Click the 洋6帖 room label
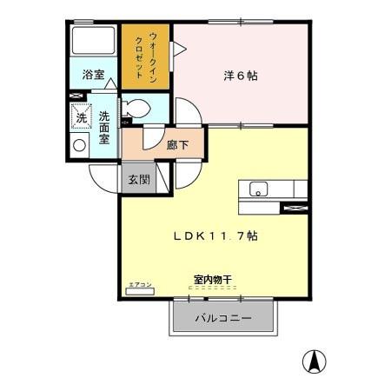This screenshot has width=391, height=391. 238,76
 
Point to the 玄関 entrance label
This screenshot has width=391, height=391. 139,180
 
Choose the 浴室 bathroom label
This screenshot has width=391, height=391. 93,76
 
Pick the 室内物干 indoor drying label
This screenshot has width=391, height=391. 212,280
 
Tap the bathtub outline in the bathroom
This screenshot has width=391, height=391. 93,41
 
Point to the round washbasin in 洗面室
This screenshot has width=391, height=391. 80,145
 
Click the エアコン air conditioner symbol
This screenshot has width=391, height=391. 139,292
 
